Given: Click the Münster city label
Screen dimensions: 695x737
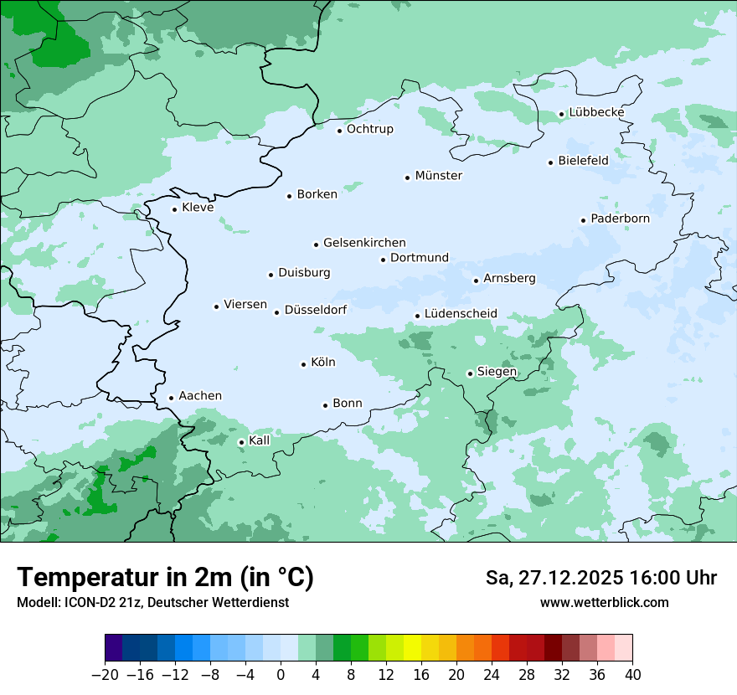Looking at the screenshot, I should [x=438, y=176].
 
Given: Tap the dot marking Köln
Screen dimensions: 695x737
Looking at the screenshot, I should [x=303, y=363].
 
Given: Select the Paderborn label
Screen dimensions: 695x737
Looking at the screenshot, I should [x=620, y=219].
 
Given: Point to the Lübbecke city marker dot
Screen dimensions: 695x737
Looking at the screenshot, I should [x=561, y=114].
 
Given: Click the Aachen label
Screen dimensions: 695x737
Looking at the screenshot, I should [x=200, y=396].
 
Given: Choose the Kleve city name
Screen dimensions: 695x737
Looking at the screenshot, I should [x=198, y=208].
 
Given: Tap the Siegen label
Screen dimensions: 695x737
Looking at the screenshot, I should [x=497, y=372].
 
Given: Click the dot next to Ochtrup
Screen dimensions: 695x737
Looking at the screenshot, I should [x=339, y=130].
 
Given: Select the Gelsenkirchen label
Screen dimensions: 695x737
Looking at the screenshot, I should [x=364, y=243].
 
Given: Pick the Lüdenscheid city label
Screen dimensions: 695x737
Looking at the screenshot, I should [x=461, y=314].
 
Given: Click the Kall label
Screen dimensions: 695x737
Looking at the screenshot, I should [x=260, y=440].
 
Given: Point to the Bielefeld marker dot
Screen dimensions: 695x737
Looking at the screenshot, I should [x=550, y=162].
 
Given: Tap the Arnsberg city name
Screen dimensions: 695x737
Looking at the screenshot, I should [x=509, y=278].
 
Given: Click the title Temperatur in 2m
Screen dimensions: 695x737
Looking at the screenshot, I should [x=165, y=578].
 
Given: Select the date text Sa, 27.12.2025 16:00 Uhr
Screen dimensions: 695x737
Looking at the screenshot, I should [x=600, y=578].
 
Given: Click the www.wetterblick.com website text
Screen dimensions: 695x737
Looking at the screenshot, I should [x=604, y=602].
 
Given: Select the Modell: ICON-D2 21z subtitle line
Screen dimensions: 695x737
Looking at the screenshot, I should [x=152, y=602].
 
